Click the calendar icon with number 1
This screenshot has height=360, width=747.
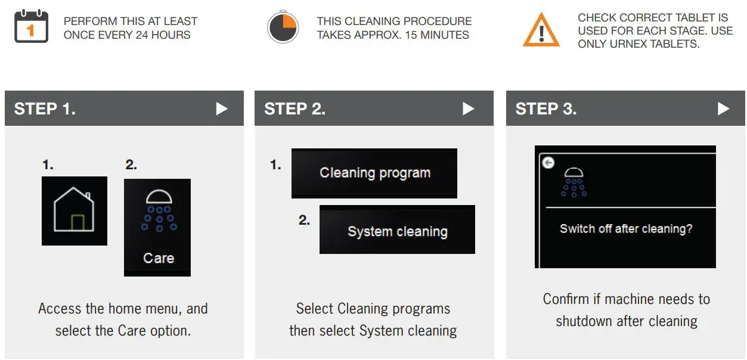coord(31,27)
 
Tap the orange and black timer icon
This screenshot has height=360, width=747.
coord(283,27)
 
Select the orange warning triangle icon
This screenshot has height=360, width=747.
coord(541,30)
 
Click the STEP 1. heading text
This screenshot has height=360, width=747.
coord(45,108)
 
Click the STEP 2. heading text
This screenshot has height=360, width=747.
coord(295,108)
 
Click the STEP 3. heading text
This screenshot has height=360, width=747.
coord(545,108)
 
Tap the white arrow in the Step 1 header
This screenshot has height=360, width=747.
coord(222,108)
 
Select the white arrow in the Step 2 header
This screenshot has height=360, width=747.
coord(469,108)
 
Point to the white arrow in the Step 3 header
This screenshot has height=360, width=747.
coord(723,108)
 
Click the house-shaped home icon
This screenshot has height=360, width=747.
coord(74,211)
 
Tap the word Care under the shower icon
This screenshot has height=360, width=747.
coord(159,259)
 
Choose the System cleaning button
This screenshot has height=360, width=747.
coord(397,231)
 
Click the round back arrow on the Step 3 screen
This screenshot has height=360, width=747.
coord(548,163)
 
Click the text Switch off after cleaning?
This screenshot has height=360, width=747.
coord(626,229)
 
